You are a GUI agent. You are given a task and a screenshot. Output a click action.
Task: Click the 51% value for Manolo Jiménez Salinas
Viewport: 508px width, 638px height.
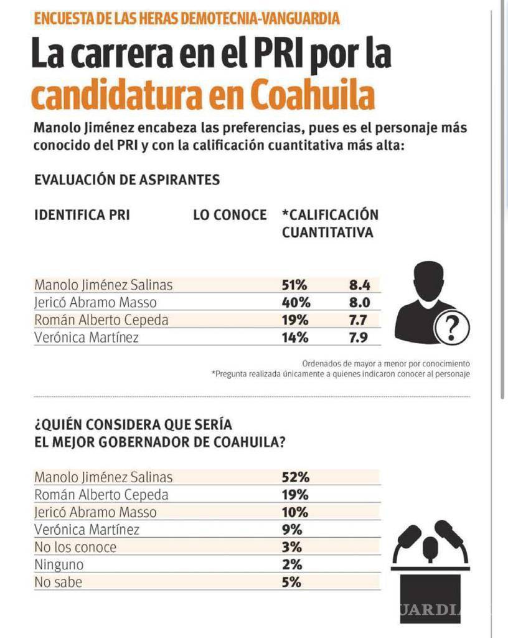[294, 285]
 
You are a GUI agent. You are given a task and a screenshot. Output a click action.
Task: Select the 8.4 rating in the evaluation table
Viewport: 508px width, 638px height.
[360, 285]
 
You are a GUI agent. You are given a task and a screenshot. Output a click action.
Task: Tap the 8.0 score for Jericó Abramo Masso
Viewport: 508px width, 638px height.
[360, 303]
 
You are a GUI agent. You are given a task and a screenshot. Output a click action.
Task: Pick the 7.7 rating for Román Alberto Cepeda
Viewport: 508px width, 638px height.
[360, 320]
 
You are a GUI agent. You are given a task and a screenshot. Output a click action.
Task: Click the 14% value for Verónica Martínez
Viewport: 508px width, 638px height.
[294, 338]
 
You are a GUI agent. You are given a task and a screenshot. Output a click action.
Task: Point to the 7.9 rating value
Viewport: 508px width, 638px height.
[360, 338]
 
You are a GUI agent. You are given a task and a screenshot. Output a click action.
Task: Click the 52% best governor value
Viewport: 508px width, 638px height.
[294, 477]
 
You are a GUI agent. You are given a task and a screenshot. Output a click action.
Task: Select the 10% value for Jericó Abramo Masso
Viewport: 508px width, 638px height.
[294, 512]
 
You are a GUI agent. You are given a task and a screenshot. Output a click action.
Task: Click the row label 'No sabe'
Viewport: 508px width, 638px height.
[58, 582]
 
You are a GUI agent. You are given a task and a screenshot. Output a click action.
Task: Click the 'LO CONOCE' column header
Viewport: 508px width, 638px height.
[230, 215]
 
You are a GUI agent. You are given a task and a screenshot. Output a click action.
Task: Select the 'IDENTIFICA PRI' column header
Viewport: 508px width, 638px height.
[82, 215]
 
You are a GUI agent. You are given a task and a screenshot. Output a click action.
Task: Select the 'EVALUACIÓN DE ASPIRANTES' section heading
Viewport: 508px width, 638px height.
[127, 180]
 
